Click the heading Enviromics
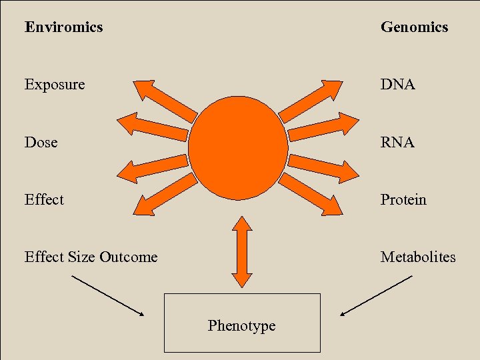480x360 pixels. (63, 27)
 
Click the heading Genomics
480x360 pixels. (414, 27)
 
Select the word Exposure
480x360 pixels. (55, 85)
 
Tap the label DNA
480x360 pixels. (398, 85)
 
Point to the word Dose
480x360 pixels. (41, 142)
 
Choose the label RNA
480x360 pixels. (398, 142)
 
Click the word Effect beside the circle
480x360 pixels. (44, 199)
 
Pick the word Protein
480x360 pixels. (403, 199)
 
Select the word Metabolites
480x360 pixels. (418, 257)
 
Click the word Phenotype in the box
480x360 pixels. (241, 325)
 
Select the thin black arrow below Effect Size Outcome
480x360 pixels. (107, 295)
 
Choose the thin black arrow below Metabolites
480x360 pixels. (376, 295)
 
